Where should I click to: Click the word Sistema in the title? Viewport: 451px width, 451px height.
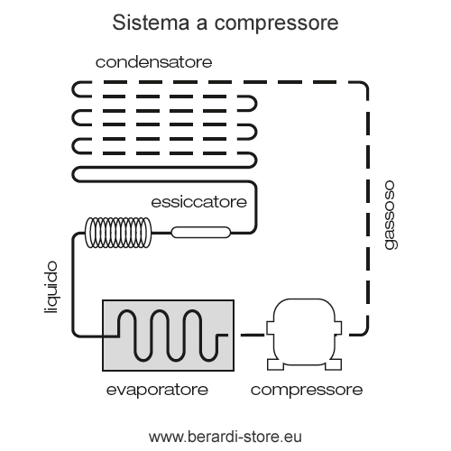151,23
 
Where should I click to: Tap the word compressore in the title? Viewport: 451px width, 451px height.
277,23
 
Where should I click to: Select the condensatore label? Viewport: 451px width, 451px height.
154,62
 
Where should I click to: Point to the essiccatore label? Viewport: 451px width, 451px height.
199,202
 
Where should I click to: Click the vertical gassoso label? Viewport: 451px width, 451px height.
391,215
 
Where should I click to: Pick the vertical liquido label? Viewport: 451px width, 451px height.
51,288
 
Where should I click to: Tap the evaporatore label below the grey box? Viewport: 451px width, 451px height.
157,390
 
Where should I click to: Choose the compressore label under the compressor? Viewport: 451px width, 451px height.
307,390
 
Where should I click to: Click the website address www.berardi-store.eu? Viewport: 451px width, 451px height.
225,437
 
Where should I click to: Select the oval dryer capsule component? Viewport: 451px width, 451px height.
201,233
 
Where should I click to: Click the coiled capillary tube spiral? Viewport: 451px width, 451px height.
118,233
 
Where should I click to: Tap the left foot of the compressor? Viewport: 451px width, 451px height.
275,364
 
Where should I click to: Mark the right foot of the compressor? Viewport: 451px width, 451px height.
334,364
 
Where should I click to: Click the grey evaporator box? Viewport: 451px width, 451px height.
168,336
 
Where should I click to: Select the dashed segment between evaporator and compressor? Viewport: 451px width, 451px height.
253,335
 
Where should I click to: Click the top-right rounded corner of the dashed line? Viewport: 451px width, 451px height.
364,85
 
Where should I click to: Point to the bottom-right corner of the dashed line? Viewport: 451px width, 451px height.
364,331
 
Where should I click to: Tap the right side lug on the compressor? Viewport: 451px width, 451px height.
338,327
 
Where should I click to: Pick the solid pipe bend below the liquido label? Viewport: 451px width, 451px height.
75,333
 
